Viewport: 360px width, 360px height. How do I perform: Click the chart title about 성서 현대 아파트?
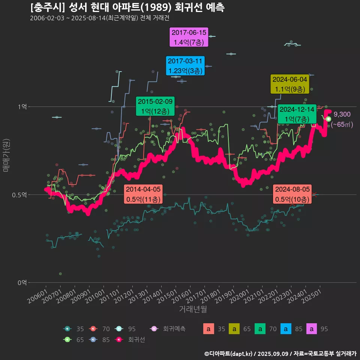127,7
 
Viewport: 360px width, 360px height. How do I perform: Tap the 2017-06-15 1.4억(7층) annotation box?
189,37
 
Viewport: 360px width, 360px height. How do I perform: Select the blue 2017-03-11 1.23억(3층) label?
185,66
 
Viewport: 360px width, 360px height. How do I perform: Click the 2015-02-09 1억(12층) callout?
155,106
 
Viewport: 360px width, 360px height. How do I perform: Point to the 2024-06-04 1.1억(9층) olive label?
290,84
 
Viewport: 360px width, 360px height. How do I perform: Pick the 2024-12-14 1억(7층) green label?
297,114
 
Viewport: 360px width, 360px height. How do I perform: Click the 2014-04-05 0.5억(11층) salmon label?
143,194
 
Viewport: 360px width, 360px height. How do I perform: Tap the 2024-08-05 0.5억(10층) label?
292,194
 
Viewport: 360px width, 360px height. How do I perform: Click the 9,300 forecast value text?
342,114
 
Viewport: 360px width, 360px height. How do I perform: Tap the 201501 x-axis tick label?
168,296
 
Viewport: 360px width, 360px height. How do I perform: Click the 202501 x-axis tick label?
312,296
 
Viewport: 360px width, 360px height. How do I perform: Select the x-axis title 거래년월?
193,309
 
